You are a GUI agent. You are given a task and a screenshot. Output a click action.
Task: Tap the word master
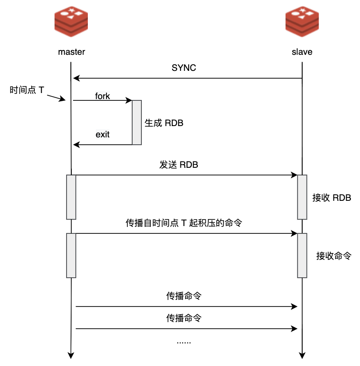(x=71, y=52)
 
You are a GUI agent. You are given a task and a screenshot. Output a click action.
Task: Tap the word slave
(x=302, y=52)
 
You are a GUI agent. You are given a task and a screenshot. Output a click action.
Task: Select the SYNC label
(x=184, y=68)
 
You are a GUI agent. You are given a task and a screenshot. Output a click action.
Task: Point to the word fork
(x=103, y=96)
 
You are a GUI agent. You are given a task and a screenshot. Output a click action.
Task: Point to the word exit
(x=103, y=134)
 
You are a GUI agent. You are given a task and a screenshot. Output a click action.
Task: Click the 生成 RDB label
(x=164, y=123)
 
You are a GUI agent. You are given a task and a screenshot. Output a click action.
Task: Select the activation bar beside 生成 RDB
(x=137, y=122)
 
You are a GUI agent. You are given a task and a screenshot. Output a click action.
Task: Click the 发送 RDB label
(x=179, y=166)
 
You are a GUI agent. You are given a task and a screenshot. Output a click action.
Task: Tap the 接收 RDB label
(x=332, y=197)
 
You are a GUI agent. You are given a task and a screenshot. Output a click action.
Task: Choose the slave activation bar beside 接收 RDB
(x=302, y=197)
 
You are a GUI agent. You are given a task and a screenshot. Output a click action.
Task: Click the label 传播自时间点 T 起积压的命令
(x=183, y=223)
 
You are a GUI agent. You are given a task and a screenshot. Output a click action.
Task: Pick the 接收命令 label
(x=333, y=256)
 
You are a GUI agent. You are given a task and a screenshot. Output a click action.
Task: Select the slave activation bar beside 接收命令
(x=302, y=256)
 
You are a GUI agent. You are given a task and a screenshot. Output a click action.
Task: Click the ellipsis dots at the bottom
(x=183, y=342)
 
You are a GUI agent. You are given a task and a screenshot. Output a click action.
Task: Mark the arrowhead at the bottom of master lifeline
(x=71, y=355)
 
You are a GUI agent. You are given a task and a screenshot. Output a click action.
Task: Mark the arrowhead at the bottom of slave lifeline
(x=302, y=355)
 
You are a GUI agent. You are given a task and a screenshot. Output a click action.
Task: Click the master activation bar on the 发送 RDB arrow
(x=71, y=197)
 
